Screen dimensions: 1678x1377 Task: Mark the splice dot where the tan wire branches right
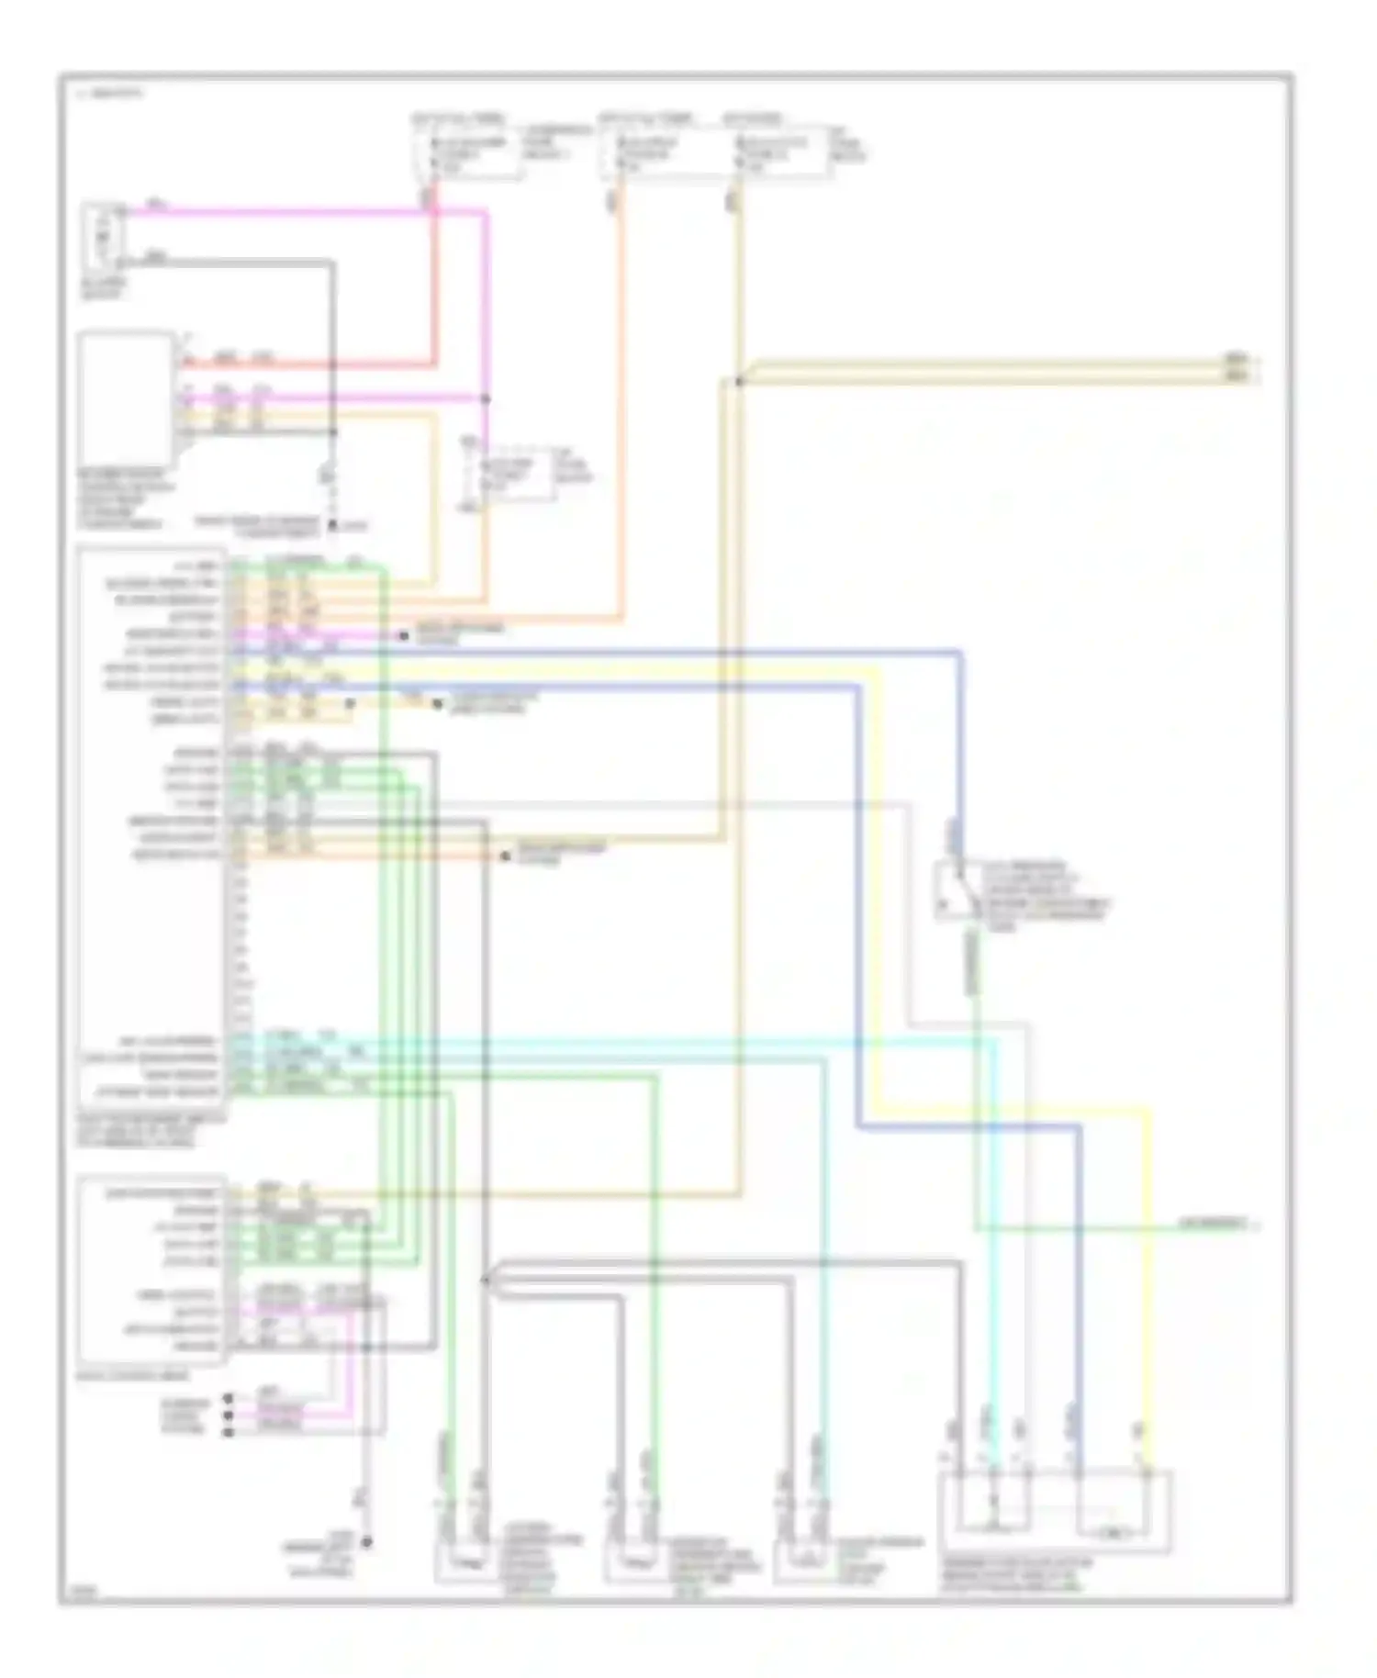pyautogui.click(x=739, y=380)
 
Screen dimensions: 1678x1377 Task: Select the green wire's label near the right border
pyautogui.click(x=1212, y=1224)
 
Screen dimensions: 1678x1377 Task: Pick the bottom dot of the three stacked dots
pyautogui.click(x=229, y=1431)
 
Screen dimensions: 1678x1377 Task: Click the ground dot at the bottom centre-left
pyautogui.click(x=366, y=1542)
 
